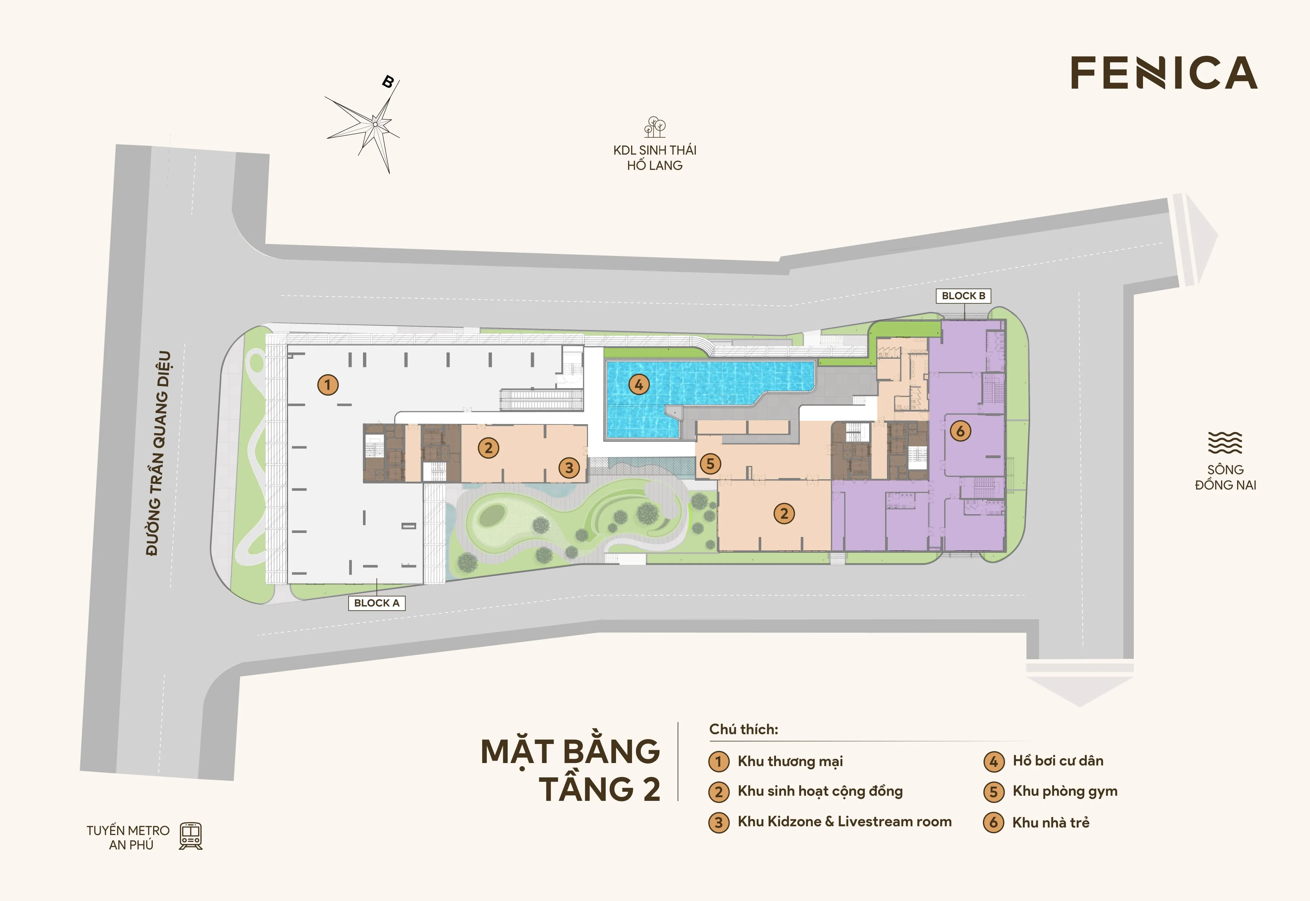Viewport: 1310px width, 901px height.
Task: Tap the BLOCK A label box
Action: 376,603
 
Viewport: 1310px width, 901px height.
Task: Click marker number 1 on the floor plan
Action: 328,385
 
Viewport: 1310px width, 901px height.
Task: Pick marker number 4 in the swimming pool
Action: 639,385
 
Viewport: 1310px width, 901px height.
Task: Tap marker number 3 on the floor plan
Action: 569,467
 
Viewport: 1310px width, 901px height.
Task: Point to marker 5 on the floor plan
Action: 711,464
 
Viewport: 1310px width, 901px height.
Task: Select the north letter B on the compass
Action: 388,82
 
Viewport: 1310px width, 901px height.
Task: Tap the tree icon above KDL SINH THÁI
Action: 655,128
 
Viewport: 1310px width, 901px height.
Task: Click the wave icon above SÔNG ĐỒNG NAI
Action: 1225,443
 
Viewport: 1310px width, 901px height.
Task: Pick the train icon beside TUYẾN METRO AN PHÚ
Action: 191,836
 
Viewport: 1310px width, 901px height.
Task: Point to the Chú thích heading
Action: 743,729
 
